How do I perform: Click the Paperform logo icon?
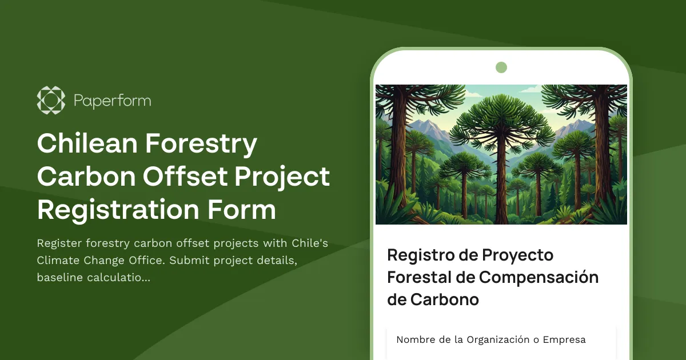pos(51,100)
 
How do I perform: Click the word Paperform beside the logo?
pos(113,101)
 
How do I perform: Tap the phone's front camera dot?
pos(501,67)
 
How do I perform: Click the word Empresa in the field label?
pos(564,340)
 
